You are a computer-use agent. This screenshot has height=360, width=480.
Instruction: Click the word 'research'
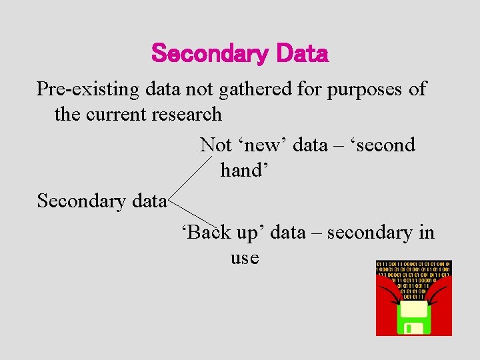pos(191,114)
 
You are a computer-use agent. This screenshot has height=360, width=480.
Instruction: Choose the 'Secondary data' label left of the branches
pos(101,201)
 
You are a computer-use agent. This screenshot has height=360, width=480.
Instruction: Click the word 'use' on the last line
pos(245,257)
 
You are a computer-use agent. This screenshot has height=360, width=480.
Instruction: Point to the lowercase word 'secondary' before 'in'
pos(370,233)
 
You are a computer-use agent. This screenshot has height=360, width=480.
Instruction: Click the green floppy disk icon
pos(414,317)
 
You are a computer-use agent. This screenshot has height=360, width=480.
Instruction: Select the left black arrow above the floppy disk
pos(393,293)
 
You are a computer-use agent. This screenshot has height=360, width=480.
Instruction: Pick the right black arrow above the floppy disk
pos(437,293)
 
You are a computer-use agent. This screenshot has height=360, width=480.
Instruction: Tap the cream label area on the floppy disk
pos(414,308)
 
